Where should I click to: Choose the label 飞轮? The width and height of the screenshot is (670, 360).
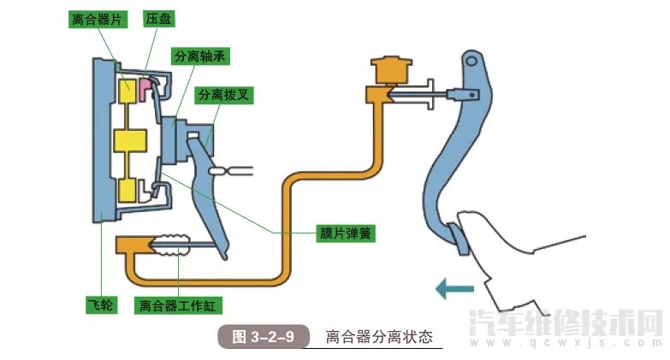pyautogui.click(x=100, y=304)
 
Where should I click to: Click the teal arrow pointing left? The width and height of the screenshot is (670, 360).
pyautogui.click(x=454, y=289)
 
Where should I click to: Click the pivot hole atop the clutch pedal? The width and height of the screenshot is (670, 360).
pyautogui.click(x=469, y=61)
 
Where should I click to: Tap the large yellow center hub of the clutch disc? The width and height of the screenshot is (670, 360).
pyautogui.click(x=130, y=141)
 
